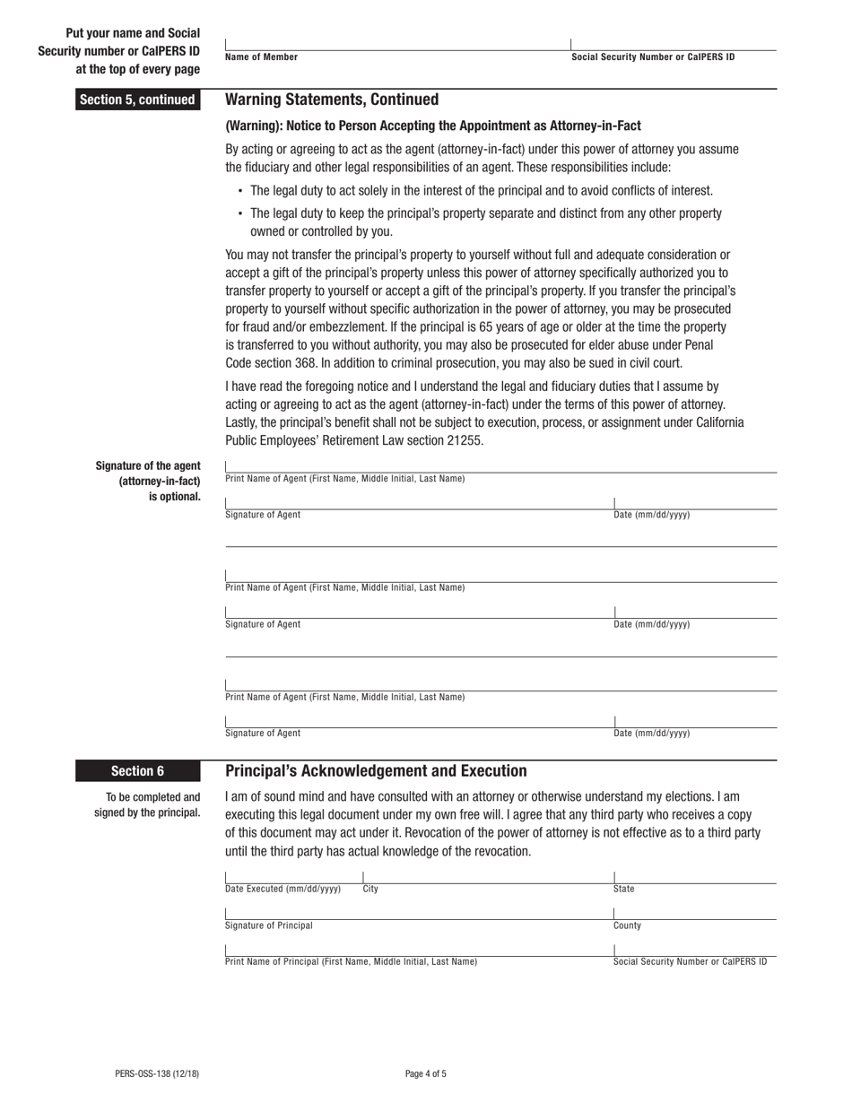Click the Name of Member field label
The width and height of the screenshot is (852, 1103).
pyautogui.click(x=262, y=57)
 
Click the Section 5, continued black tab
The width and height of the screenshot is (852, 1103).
pyautogui.click(x=137, y=100)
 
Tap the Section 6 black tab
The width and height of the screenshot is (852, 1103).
pyautogui.click(x=137, y=770)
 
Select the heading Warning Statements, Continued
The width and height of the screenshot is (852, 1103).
pyautogui.click(x=332, y=100)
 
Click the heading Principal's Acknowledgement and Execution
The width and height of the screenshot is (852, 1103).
pyautogui.click(x=376, y=770)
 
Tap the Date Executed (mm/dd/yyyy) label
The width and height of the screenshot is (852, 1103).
pyautogui.click(x=283, y=890)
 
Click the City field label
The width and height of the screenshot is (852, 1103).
pyautogui.click(x=370, y=890)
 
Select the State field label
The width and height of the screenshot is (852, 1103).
pyautogui.click(x=623, y=890)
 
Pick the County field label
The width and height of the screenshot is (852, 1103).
pyautogui.click(x=627, y=925)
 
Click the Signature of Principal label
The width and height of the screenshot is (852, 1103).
pyautogui.click(x=269, y=925)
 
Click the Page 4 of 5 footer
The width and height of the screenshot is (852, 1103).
pyautogui.click(x=426, y=1073)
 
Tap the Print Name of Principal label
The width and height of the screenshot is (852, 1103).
pyautogui.click(x=351, y=961)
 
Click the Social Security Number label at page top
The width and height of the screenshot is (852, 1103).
pyautogui.click(x=653, y=57)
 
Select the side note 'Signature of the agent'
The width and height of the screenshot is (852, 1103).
pyautogui.click(x=148, y=465)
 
